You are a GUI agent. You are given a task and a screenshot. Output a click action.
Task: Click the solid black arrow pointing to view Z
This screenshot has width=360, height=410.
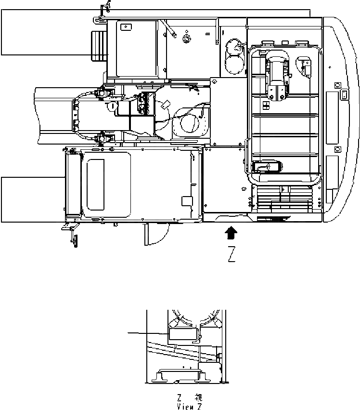(231, 233)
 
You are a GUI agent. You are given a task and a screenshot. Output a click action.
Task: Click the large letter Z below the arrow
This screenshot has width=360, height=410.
(231, 255)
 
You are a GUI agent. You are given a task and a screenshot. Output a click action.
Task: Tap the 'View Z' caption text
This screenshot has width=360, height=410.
(189, 406)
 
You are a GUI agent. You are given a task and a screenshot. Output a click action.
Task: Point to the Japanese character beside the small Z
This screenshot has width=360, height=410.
(198, 398)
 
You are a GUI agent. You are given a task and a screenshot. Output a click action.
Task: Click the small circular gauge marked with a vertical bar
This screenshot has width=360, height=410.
(112, 106)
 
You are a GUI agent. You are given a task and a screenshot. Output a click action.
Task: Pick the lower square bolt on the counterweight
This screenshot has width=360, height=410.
(337, 149)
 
